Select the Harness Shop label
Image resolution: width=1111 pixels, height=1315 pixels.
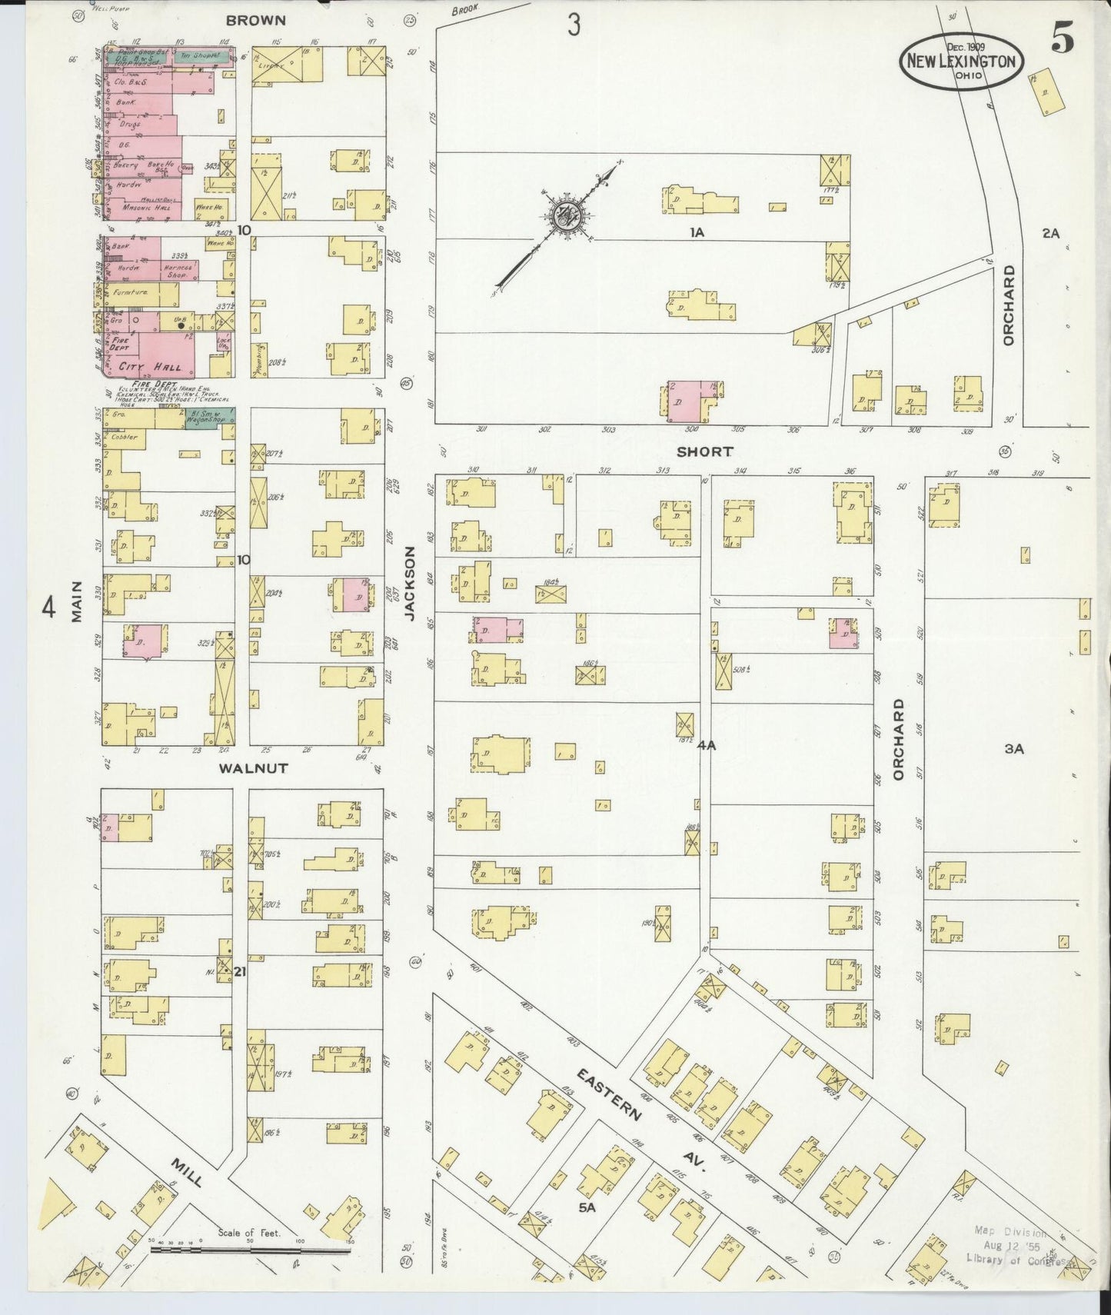coord(179,271)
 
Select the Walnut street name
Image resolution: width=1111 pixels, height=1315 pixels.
coord(253,768)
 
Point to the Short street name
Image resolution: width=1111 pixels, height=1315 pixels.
coord(705,451)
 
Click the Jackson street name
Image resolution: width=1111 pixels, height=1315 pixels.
coord(410,584)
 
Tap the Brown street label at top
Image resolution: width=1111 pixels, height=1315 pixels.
coord(256,21)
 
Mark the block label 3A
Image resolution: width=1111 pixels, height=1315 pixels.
coord(1014,748)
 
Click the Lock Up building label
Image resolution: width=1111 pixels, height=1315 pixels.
coord(223,344)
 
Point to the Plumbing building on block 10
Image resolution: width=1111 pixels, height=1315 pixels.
coord(260,360)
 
